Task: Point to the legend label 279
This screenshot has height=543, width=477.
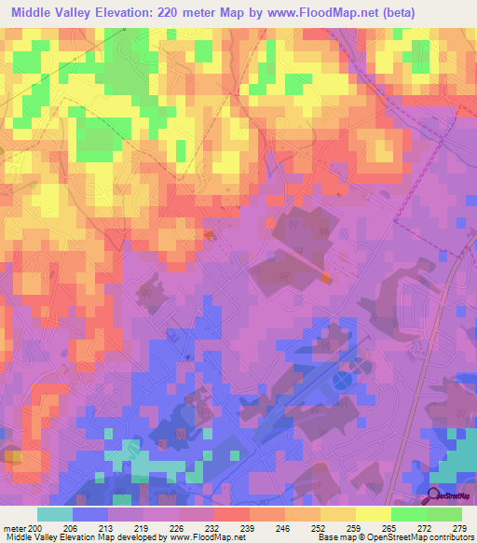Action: pos(458,529)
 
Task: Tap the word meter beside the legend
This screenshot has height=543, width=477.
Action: pos(14,529)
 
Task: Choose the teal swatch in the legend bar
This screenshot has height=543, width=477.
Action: pos(55,514)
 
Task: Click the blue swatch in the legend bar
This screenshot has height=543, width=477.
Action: pos(90,514)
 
